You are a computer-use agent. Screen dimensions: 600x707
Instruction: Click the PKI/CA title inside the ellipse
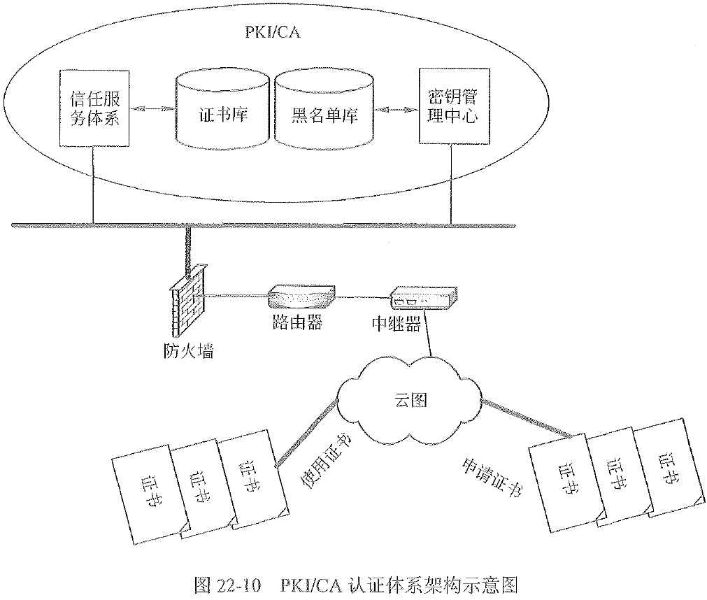click(271, 32)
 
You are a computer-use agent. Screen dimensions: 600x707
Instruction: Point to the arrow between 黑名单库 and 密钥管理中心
click(394, 108)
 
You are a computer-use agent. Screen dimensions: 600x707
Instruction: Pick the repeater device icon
click(423, 299)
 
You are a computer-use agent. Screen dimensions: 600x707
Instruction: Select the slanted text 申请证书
click(493, 477)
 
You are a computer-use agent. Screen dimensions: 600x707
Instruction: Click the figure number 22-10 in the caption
click(238, 583)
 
